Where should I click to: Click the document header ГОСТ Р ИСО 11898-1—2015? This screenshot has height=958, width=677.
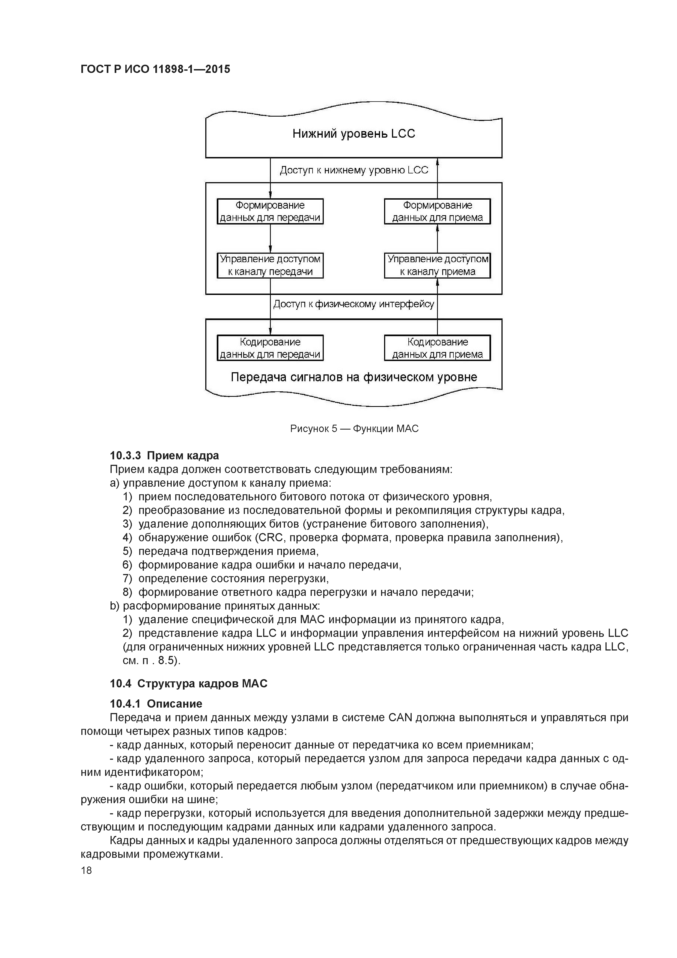point(155,69)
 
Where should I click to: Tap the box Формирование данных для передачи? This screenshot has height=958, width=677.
point(270,212)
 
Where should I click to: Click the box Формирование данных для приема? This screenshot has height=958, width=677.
point(437,212)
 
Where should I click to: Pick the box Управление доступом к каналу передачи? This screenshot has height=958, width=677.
point(270,265)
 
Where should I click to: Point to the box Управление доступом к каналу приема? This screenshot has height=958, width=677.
point(437,265)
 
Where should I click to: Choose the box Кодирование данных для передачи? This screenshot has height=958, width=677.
point(270,348)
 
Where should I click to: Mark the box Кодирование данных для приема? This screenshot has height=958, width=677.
point(437,348)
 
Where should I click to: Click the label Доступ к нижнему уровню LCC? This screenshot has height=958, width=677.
point(354,170)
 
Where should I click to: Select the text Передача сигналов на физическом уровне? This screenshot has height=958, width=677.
point(354,377)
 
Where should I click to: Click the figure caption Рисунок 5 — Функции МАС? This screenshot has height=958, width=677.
point(354,428)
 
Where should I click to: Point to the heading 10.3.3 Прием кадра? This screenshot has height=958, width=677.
point(164,455)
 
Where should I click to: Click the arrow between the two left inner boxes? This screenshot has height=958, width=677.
point(270,238)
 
